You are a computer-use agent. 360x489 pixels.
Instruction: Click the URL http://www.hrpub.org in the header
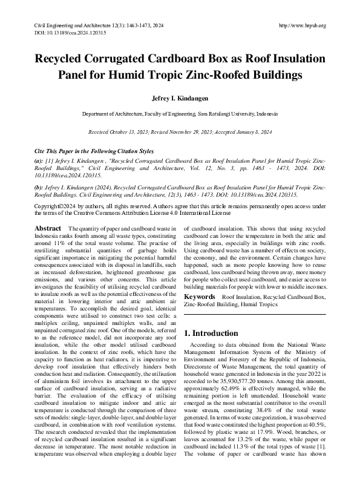pyautogui.click(x=302, y=25)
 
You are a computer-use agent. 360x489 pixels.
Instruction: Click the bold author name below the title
pyautogui.click(x=180, y=97)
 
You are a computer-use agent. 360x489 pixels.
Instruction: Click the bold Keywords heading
pyautogui.click(x=199, y=297)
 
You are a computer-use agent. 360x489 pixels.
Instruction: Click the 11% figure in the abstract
pyautogui.click(x=62, y=243)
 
